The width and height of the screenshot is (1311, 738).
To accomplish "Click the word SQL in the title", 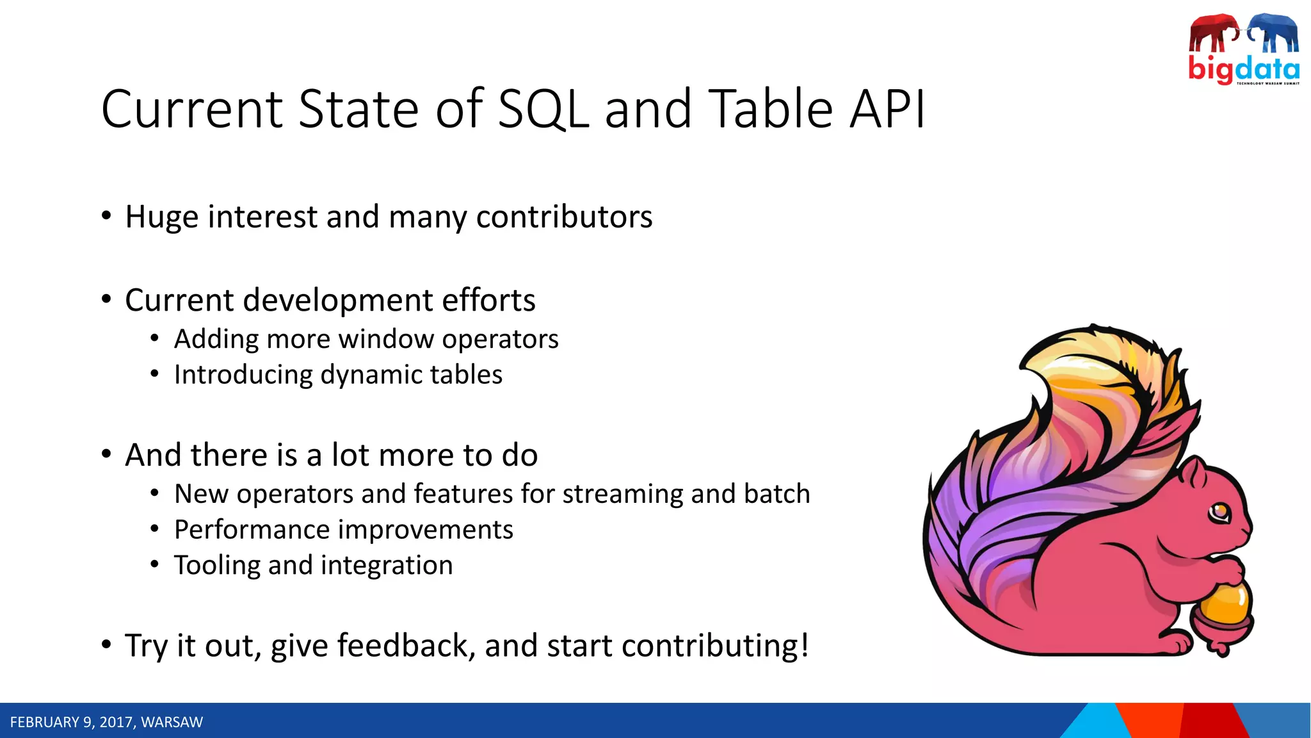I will click(x=543, y=110).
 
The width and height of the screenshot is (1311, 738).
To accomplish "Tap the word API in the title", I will click(x=887, y=110).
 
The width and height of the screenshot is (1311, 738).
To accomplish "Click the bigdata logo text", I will click(x=1243, y=68).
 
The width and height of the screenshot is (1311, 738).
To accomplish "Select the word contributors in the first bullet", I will click(x=564, y=217).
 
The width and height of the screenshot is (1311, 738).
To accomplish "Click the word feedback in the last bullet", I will click(x=406, y=645).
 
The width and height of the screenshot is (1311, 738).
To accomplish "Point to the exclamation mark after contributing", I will click(x=804, y=644).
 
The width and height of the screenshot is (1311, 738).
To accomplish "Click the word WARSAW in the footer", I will click(x=172, y=722).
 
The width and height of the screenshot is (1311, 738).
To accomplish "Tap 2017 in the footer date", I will click(x=116, y=722).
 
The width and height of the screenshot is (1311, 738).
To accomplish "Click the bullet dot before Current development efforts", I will click(x=106, y=299).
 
